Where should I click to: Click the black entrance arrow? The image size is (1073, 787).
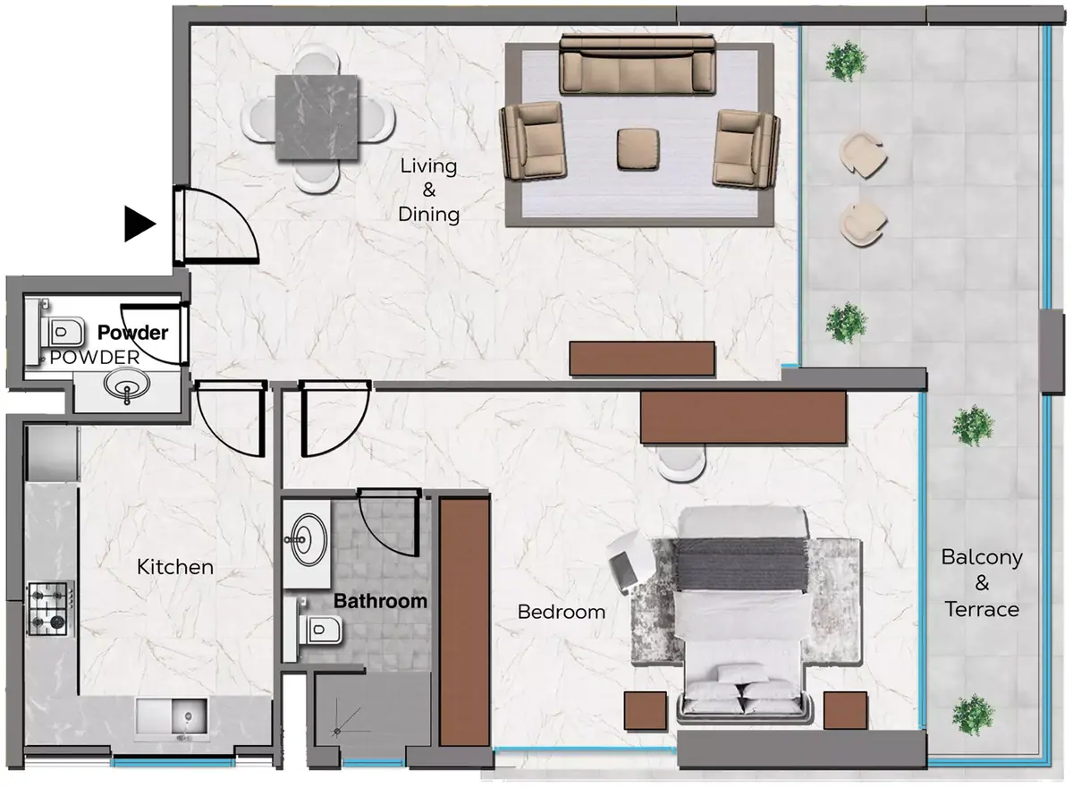point(139,224)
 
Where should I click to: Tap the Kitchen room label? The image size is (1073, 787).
point(175,567)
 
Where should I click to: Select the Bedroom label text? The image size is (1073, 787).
point(562,612)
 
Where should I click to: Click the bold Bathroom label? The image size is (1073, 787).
point(380,601)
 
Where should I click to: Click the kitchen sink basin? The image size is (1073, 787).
point(190,716)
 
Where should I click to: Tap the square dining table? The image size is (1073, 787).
point(317,117)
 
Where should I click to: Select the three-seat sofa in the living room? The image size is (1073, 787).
point(638,63)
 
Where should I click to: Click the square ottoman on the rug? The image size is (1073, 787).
point(638,149)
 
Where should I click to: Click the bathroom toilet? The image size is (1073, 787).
point(316,629)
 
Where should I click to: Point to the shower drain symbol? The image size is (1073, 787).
point(337,732)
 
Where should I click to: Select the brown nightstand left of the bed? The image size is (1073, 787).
point(646,711)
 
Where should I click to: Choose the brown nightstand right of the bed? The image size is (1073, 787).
point(846,710)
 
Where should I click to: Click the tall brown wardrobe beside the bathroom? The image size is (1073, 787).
point(465,622)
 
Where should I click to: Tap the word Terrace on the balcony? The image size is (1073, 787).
point(982,610)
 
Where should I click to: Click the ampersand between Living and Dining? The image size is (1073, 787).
point(429,190)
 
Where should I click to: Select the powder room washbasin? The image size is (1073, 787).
point(127,385)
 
